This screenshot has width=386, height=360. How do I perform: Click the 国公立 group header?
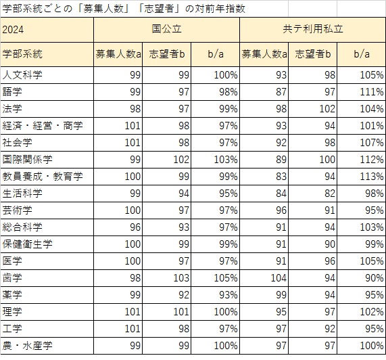click(167, 29)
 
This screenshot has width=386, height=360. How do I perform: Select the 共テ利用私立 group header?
click(313, 29)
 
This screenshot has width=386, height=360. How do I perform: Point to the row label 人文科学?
click(22, 75)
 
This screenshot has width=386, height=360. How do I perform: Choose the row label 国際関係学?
click(27, 160)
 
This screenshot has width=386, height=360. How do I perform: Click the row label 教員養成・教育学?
click(43, 177)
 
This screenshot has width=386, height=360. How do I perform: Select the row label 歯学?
click(12, 278)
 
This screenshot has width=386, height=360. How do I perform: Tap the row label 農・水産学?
click(27, 346)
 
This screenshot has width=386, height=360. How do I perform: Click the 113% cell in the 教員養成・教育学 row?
click(372, 177)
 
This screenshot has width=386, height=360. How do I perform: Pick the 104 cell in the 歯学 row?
click(279, 278)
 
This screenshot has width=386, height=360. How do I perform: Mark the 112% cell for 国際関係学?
click(372, 160)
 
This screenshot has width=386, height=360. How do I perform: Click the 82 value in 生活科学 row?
click(330, 194)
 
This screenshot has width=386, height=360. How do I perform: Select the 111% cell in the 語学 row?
click(372, 92)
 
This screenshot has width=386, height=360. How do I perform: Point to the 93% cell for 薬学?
click(228, 295)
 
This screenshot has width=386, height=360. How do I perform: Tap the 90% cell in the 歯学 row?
click(375, 278)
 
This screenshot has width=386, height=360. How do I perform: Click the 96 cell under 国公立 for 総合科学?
click(135, 227)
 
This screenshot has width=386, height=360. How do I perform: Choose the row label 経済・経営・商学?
click(43, 126)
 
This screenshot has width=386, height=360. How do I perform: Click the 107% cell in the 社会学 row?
click(372, 143)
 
